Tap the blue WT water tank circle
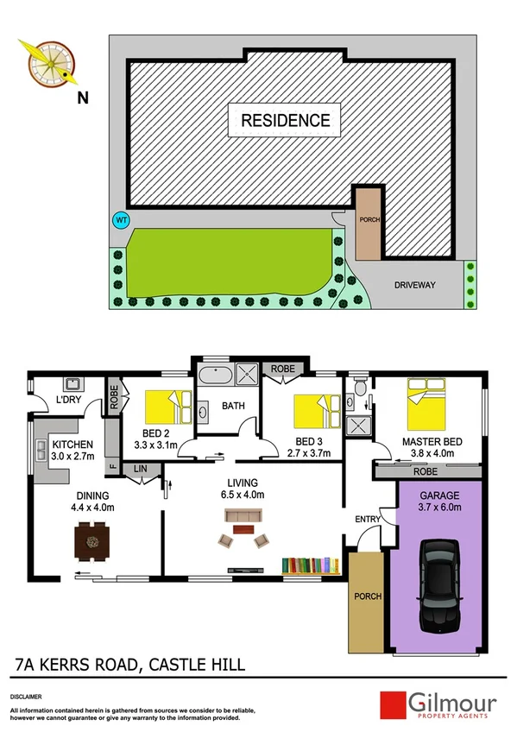pos(122,220)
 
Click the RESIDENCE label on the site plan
pos(285,120)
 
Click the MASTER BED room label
pos(432,442)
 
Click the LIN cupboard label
pos(139,469)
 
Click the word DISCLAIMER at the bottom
pos(27,695)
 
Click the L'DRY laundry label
pos(68,401)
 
